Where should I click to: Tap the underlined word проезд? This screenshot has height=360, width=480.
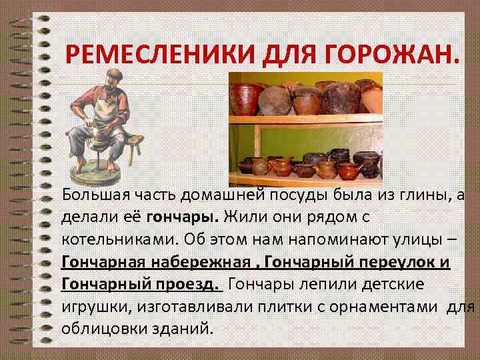(x=189, y=285)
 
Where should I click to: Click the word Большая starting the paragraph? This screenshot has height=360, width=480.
(x=92, y=195)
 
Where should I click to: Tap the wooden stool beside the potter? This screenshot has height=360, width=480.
(x=134, y=145)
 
